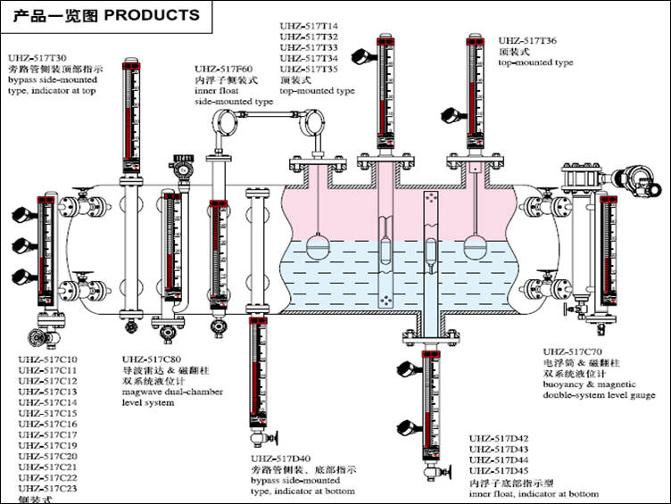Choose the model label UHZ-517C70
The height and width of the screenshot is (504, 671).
[x=573, y=352]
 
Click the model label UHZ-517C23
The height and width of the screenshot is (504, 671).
[x=47, y=488]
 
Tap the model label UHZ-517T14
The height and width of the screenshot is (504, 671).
[x=309, y=26]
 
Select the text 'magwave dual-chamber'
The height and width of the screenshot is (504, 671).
[x=172, y=392]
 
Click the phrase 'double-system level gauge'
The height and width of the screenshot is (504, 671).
[x=600, y=395]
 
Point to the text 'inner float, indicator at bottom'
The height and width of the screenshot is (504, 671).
[x=534, y=493]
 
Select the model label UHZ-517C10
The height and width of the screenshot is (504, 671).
[x=47, y=359]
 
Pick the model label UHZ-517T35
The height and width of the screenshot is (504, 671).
[x=309, y=69]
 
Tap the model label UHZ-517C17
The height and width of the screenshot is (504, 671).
[x=47, y=434]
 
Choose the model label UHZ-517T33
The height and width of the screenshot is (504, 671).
[x=309, y=47]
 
